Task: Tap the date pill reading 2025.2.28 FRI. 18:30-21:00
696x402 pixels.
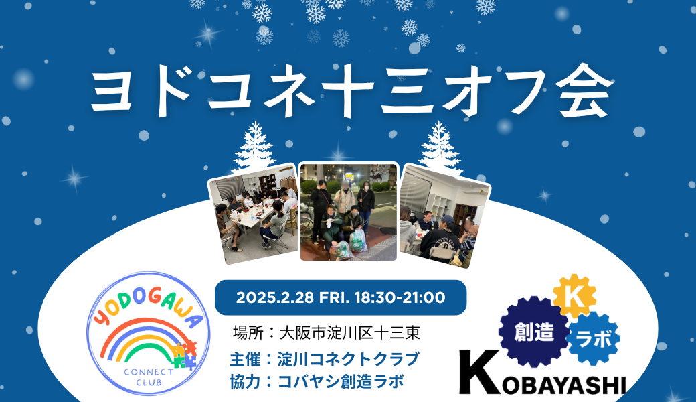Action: tap(340, 297)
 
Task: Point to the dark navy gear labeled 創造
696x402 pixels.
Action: tap(533, 331)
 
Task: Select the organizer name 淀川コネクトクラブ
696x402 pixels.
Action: tap(347, 358)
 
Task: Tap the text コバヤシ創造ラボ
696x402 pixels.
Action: tap(341, 381)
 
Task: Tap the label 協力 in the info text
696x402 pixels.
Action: tap(242, 381)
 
